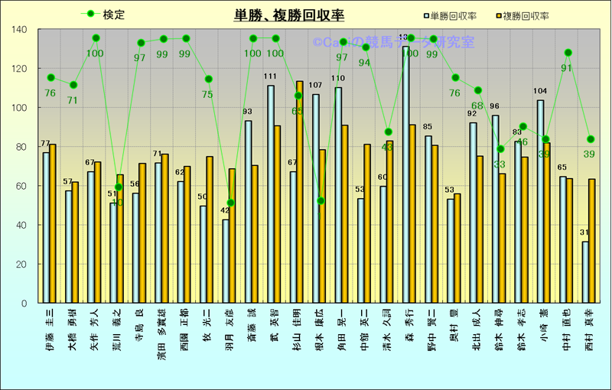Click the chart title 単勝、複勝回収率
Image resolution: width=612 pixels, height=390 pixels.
pos(289,15)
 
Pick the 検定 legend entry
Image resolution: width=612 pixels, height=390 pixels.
pos(104,15)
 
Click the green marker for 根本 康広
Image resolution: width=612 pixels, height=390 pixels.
pos(320,200)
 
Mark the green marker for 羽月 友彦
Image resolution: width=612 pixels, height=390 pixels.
pos(230,203)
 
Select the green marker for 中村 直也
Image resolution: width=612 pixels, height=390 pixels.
pos(568,53)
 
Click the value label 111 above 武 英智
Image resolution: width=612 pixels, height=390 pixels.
pos(270,76)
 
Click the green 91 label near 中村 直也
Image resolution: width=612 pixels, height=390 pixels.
pos(567,68)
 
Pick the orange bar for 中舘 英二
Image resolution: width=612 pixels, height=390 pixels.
pos(367,223)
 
